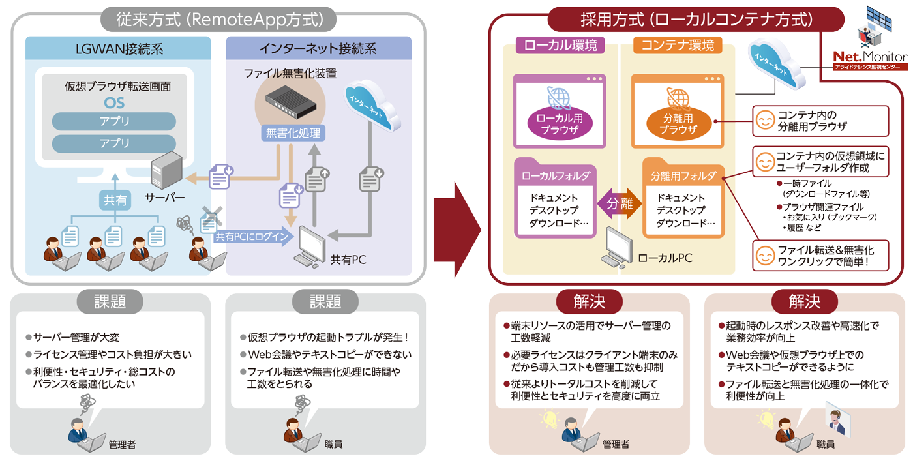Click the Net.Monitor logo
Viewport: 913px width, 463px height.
pos(870,60)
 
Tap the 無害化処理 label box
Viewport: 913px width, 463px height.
pos(293,133)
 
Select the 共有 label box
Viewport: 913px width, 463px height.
pos(115,200)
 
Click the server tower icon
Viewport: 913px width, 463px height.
pos(166,170)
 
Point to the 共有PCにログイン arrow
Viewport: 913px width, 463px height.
pos(253,236)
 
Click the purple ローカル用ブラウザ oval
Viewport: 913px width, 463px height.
pos(560,123)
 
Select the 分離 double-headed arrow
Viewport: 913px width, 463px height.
pos(620,203)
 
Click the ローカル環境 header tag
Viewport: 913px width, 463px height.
pos(560,45)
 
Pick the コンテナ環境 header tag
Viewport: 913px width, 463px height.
pos(678,45)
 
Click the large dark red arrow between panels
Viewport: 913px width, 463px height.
pos(457,230)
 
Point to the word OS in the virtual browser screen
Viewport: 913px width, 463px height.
pos(114,103)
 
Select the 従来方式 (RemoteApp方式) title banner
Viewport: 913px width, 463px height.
pos(218,19)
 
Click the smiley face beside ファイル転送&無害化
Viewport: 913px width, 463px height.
pos(764,256)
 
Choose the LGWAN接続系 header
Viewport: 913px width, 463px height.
pos(118,48)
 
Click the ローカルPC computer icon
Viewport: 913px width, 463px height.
pos(617,248)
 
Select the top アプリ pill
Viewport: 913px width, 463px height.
pos(114,121)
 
